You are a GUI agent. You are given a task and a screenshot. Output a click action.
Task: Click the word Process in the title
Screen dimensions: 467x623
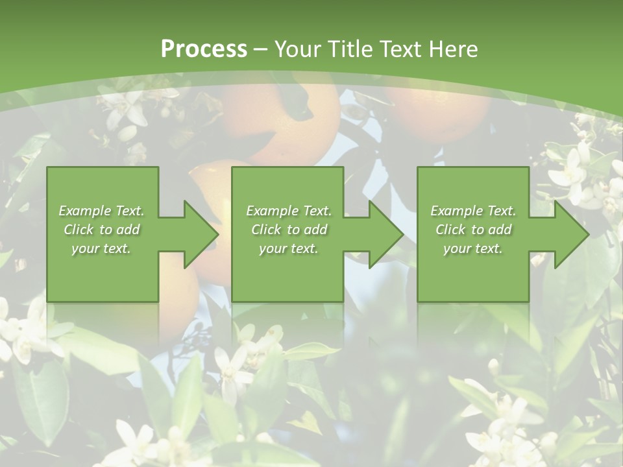tap(204, 49)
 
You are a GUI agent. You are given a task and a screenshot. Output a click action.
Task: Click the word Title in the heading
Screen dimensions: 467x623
tap(352, 49)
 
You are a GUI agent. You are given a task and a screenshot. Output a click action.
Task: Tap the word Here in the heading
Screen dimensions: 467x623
tap(454, 49)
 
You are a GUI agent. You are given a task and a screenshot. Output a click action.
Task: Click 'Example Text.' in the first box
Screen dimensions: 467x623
tap(102, 211)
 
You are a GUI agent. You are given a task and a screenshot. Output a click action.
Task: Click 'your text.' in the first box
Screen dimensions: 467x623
tap(102, 248)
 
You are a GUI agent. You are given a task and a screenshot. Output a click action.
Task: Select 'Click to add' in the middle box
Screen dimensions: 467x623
tap(289, 230)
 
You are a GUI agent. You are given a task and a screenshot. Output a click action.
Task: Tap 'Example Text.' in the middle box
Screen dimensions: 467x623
tap(289, 211)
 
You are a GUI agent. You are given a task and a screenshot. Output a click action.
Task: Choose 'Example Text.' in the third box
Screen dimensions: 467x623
tap(473, 211)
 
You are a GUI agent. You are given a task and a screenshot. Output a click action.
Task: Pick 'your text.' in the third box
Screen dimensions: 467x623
tap(473, 248)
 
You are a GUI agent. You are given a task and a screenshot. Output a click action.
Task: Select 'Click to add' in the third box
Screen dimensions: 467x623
tap(473, 230)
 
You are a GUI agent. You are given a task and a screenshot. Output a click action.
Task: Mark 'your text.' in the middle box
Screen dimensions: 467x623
tap(289, 248)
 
